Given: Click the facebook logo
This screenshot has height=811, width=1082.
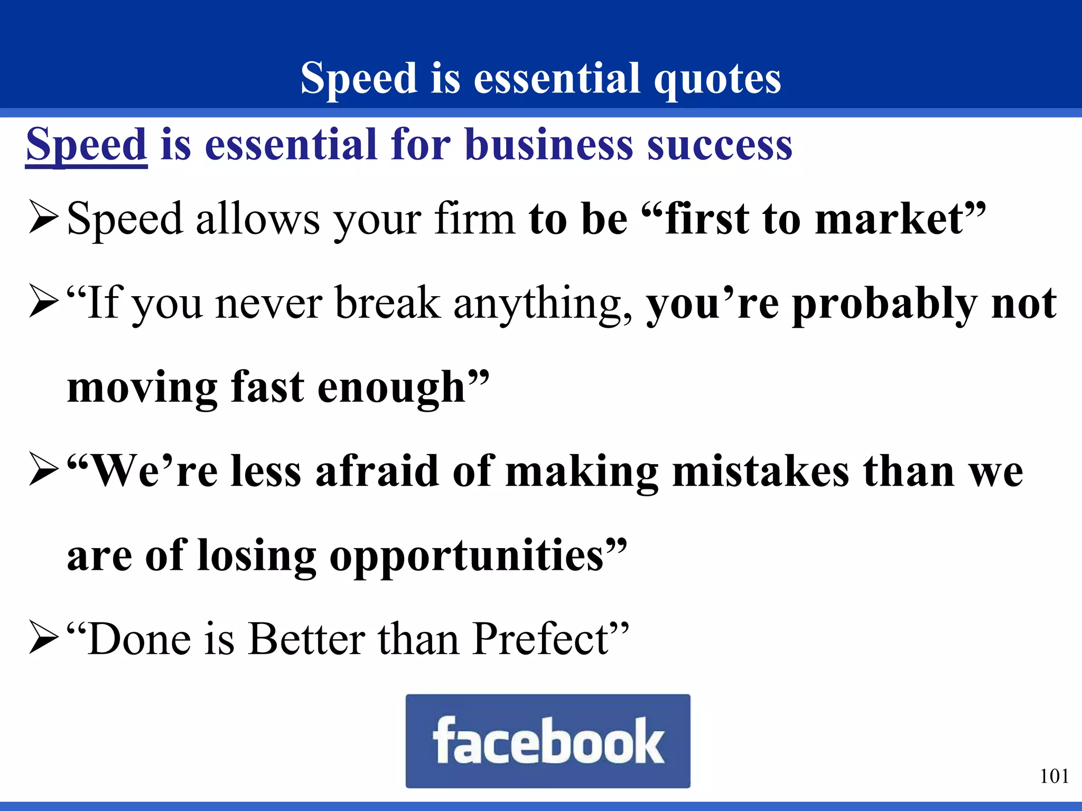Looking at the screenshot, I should pos(548,741).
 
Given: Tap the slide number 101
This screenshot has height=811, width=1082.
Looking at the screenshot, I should pos(1054,776).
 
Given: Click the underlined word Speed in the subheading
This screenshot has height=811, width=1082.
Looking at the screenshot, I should pos(86,145).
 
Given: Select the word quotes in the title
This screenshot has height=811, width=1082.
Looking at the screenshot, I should pos(717,79).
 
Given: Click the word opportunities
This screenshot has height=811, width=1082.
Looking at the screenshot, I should pos(467,556).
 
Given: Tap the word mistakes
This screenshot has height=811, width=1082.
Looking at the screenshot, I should pos(761,471).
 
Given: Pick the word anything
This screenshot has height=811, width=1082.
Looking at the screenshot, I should pos(542,304).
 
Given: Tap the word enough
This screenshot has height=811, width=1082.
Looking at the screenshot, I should pos(391,388).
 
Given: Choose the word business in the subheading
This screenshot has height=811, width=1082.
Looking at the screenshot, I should pos(549,145).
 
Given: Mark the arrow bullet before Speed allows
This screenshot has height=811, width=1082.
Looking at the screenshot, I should pos(43,218).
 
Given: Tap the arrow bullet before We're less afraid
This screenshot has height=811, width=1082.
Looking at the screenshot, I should pos(43,470).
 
